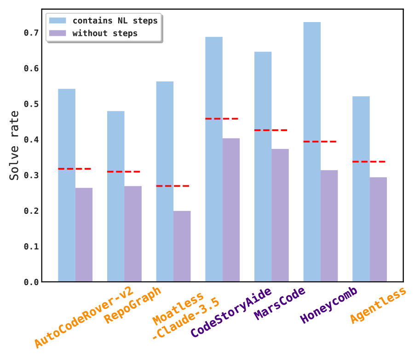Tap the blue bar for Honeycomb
click(x=312, y=152)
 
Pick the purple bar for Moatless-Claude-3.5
click(x=182, y=246)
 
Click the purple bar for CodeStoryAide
click(x=231, y=210)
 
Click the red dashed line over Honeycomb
click(x=320, y=142)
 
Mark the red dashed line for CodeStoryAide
click(x=222, y=119)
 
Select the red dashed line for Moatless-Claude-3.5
click(x=173, y=186)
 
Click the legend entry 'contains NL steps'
click(x=115, y=21)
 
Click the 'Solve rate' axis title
click(x=15, y=145)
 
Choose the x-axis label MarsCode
click(x=279, y=304)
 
